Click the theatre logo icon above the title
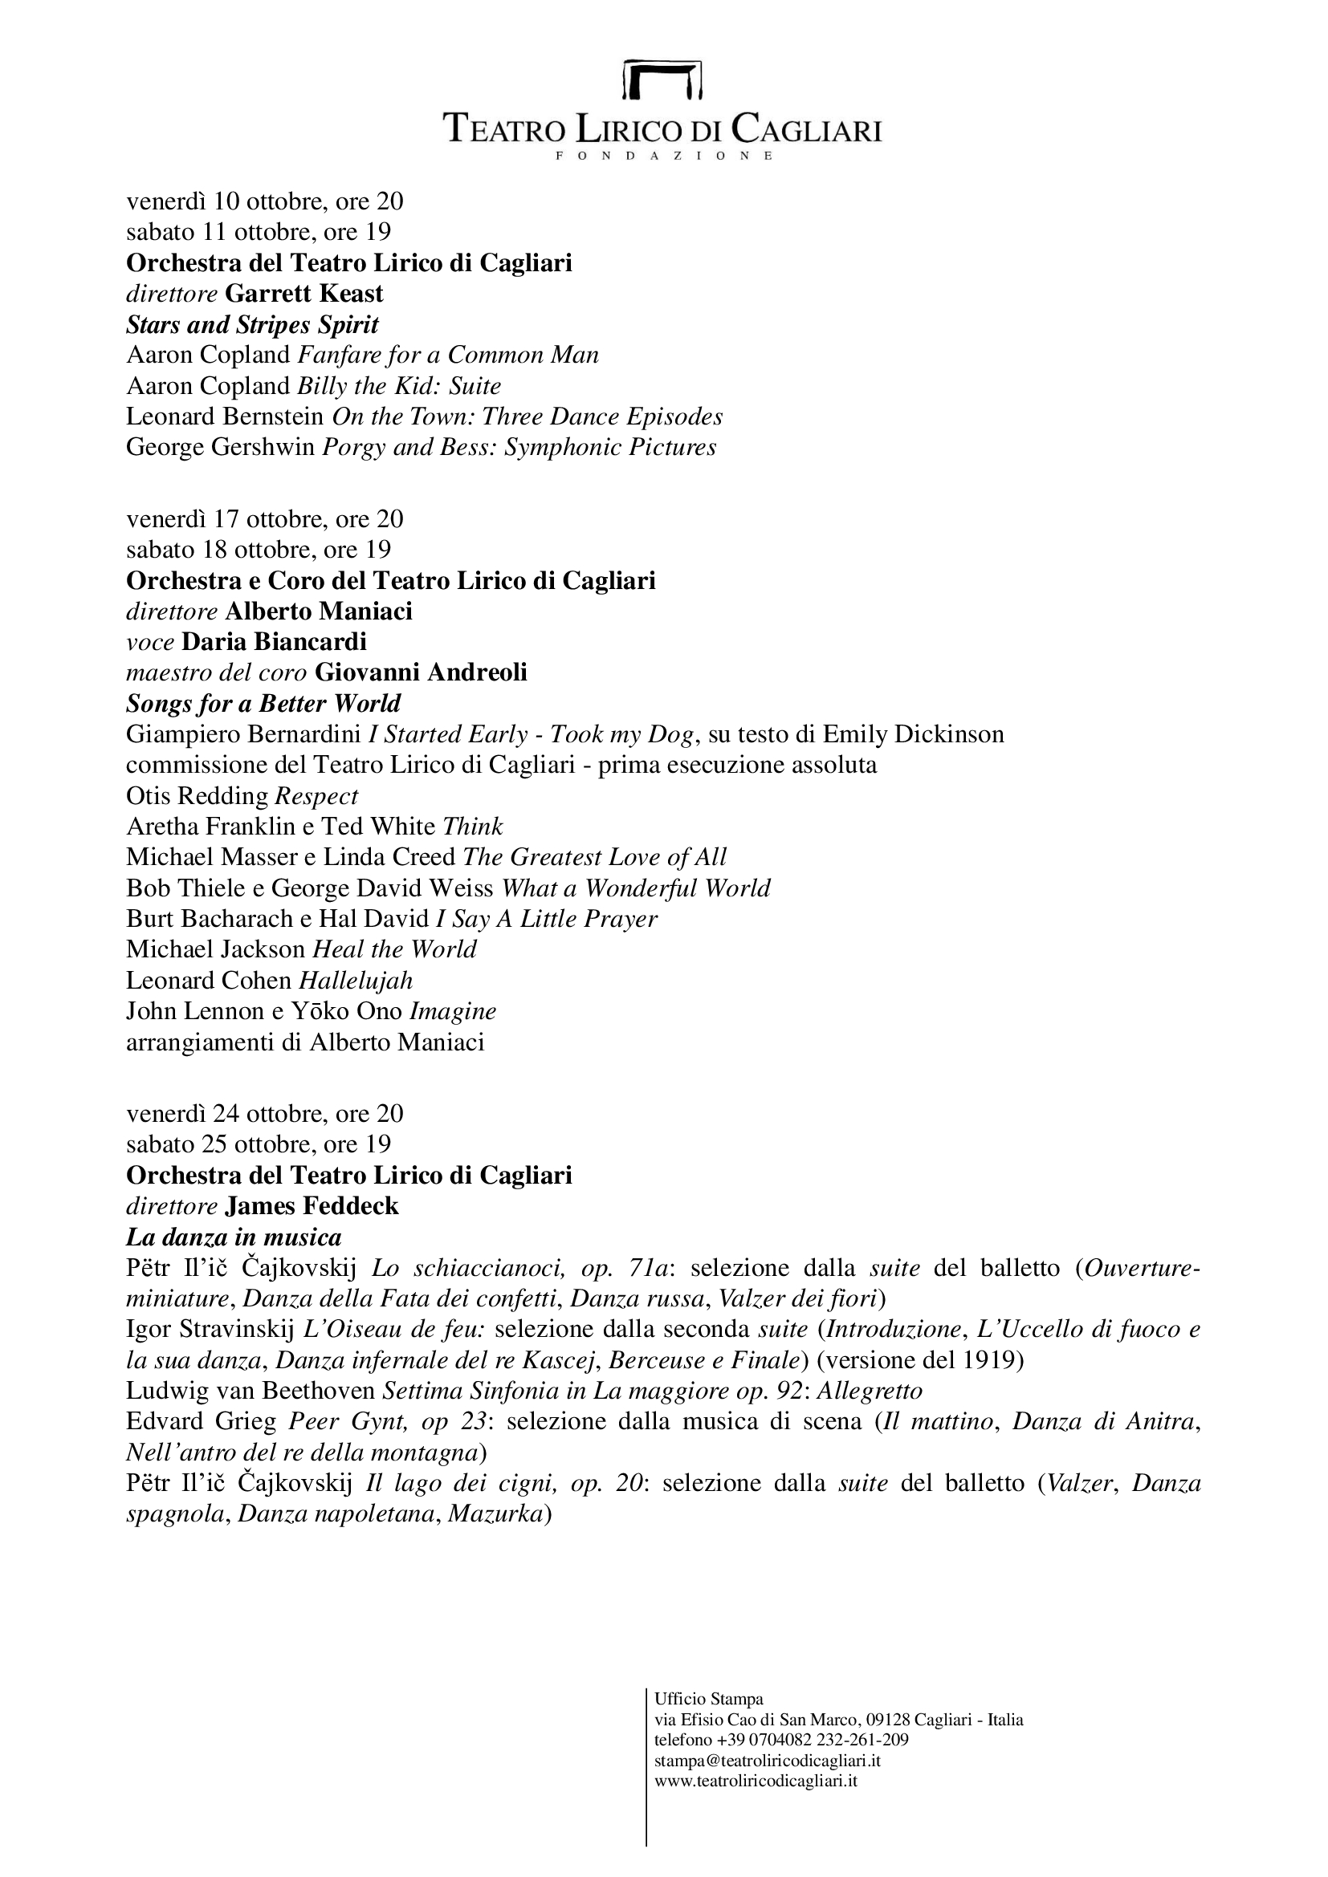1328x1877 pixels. tap(663, 79)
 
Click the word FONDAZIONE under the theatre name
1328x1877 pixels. tap(663, 156)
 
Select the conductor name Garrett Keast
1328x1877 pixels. tap(304, 294)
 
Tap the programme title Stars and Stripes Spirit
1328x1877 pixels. tap(252, 324)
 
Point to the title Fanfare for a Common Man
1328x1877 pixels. tap(448, 355)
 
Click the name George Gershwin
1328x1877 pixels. tap(220, 447)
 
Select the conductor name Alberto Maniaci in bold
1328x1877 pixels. tap(318, 611)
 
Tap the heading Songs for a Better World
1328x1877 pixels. tap(263, 703)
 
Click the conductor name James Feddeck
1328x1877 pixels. tap(312, 1206)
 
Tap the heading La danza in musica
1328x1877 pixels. tap(234, 1237)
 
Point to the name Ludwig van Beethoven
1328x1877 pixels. tap(251, 1391)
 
